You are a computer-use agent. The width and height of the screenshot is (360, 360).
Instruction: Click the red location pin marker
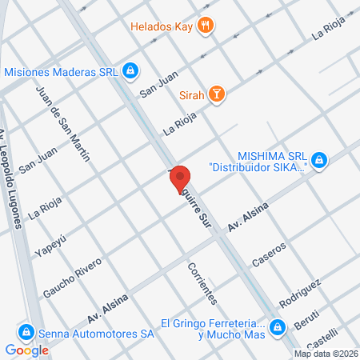(181, 179)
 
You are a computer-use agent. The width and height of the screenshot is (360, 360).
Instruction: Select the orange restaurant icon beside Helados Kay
(207, 26)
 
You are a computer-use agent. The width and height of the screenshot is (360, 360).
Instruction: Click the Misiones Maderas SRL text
(62, 71)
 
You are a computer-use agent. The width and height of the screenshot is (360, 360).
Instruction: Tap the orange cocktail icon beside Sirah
(216, 96)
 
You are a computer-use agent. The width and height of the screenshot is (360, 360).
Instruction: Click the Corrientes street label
(202, 282)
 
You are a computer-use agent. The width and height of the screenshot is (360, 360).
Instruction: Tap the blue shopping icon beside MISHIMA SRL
(320, 162)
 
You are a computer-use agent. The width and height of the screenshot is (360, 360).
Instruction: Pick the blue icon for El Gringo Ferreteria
(277, 326)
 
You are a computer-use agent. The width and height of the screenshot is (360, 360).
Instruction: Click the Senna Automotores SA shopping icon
(26, 331)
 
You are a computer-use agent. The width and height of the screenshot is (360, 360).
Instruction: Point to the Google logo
(27, 350)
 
